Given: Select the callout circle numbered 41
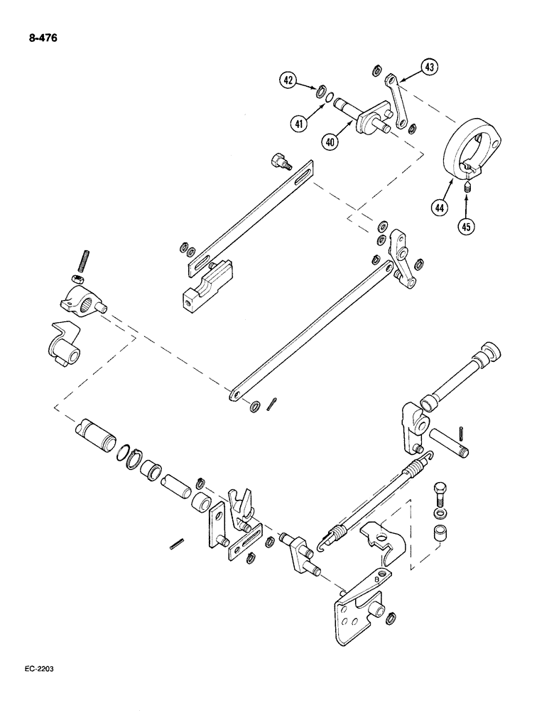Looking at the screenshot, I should pos(301,123).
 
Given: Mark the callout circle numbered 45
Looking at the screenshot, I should pos(466,228).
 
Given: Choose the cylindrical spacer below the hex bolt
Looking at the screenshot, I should pos(442,533).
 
